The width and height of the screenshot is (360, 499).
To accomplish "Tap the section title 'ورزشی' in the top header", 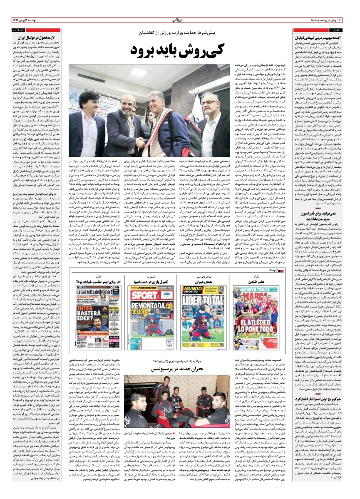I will click(x=180, y=20).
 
